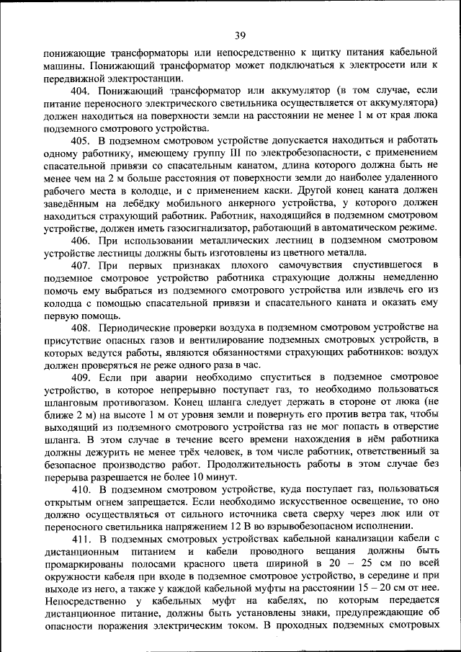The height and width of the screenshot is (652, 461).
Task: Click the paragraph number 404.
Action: [80, 91]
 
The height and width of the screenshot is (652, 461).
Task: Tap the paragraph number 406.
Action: [80, 239]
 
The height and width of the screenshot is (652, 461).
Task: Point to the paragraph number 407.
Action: [80, 266]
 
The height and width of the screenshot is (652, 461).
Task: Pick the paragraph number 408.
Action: [80, 329]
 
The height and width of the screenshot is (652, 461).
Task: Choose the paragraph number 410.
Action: [80, 489]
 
